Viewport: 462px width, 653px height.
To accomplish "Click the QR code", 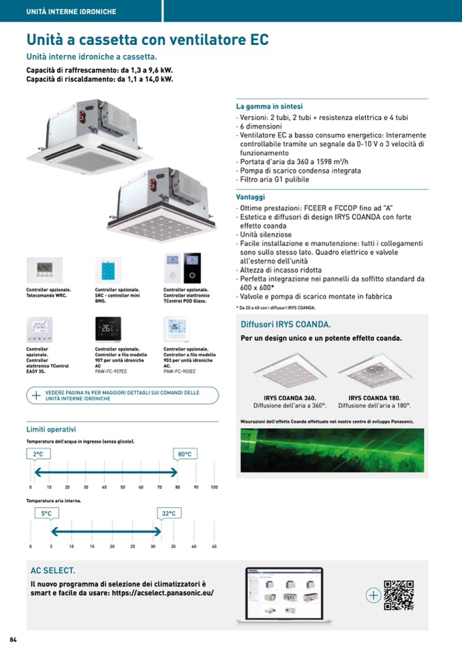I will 399,594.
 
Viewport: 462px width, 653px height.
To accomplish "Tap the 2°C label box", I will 39,453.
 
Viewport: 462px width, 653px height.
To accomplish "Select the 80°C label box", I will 185,453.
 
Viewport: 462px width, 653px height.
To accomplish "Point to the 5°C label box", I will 46,513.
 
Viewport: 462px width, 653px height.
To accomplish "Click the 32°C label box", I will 169,513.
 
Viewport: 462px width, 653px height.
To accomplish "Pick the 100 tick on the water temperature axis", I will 214,488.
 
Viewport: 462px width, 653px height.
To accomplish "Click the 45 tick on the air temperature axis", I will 214,547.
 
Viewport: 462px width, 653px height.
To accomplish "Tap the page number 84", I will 12,639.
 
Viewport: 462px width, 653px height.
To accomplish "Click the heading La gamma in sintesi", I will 269,107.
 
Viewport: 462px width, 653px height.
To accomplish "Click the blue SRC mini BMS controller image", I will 109,270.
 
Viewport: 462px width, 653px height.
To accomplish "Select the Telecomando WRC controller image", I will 44,270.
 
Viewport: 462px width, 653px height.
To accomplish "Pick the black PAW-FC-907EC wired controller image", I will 109,329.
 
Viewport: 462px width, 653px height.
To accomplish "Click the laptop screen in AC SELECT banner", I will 283,591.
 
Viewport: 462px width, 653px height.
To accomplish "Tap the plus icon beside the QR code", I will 373,595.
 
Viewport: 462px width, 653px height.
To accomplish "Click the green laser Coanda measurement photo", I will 332,452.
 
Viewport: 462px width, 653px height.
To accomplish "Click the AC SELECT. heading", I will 52,571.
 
